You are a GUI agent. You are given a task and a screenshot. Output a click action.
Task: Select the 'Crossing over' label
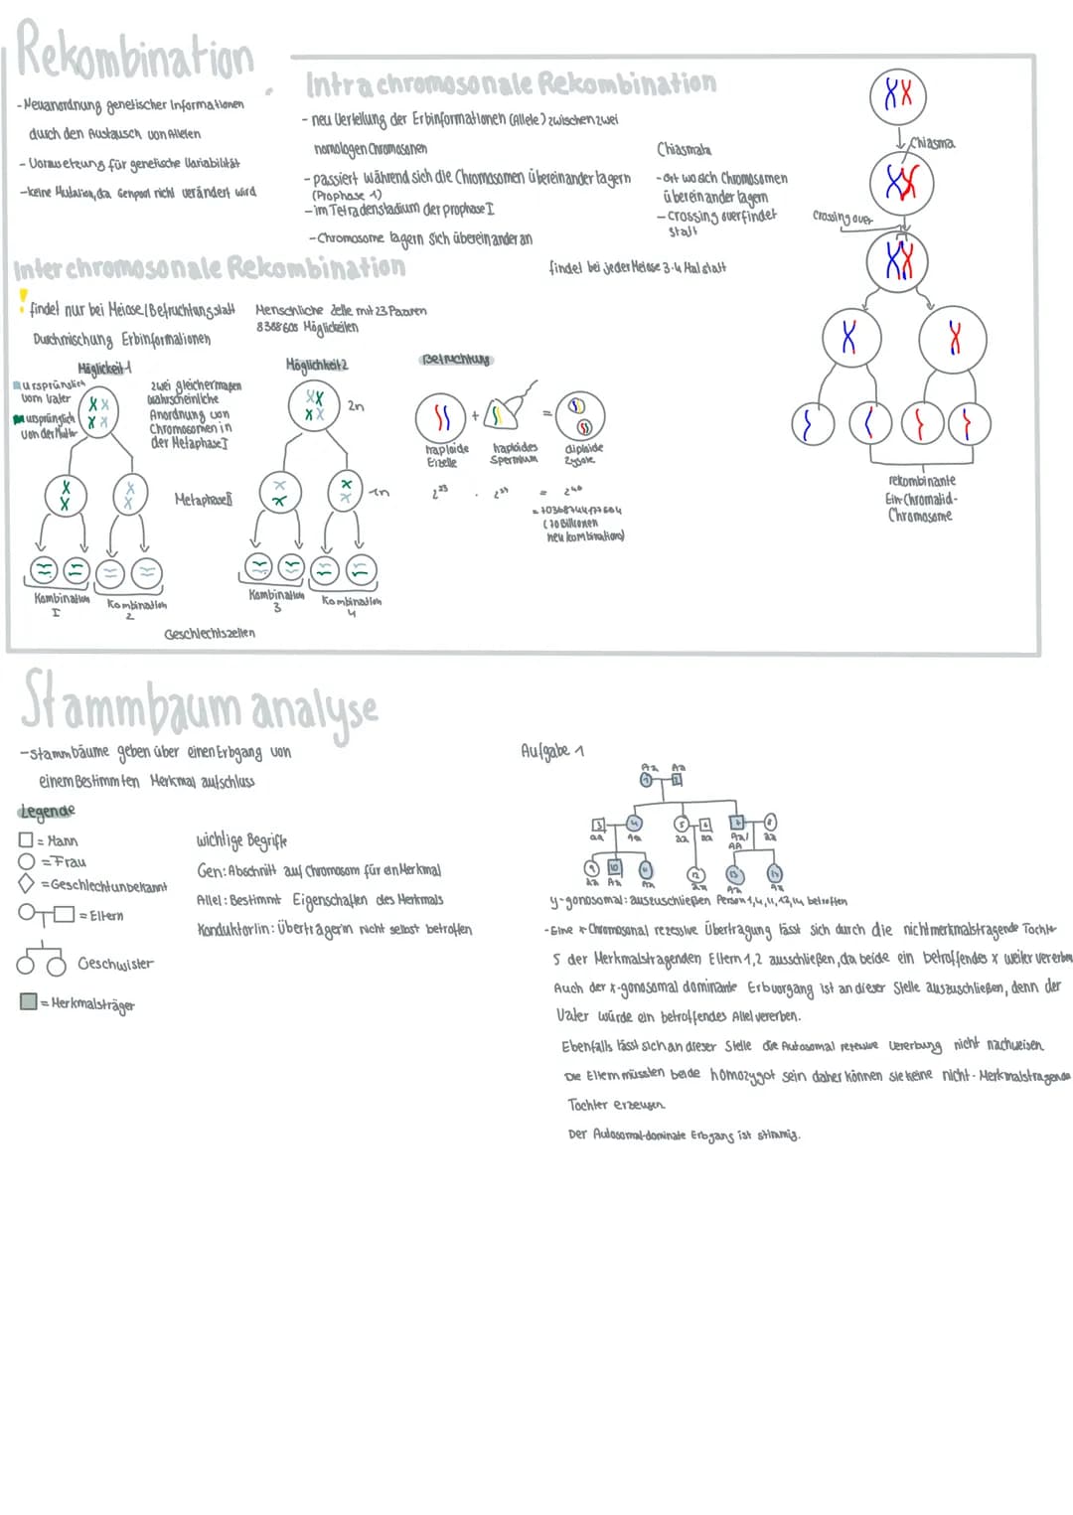842,217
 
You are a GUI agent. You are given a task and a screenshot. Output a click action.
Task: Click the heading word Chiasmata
684,149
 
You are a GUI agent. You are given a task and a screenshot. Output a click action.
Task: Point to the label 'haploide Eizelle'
446,455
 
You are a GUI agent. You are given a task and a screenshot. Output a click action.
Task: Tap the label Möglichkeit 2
317,365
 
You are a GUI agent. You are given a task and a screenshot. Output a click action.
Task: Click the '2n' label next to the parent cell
356,405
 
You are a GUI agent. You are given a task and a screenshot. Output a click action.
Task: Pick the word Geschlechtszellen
210,633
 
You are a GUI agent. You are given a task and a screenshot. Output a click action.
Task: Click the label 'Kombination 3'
276,600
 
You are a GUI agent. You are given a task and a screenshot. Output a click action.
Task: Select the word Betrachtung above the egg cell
456,359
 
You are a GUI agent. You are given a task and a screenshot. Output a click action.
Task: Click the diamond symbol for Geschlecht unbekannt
27,883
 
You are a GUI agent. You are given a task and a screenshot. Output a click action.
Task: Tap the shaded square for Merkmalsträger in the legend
28,1002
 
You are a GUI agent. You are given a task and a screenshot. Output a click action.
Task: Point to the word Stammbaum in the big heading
130,702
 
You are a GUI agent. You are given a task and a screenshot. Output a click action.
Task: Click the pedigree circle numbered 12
696,873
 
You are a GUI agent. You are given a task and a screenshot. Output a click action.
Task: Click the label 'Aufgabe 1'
552,751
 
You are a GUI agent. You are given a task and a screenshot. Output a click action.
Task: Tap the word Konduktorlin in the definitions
235,930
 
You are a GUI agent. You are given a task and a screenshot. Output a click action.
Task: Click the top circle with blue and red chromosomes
897,95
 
